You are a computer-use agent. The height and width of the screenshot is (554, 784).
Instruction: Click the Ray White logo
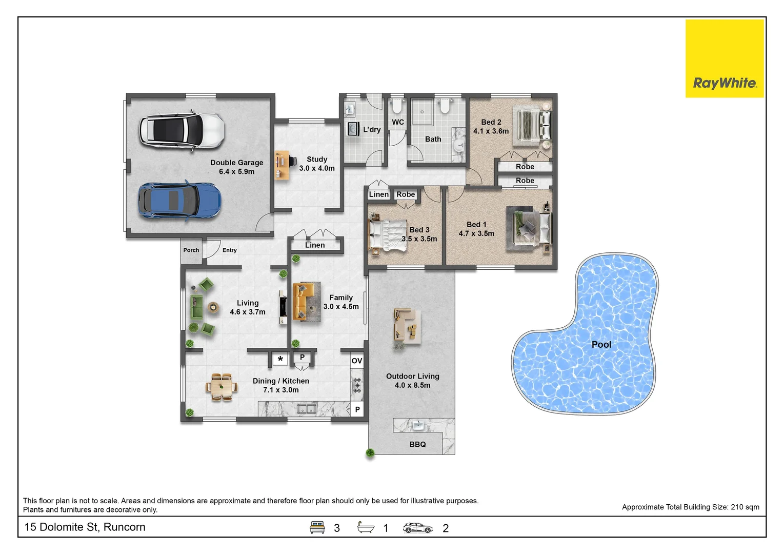coord(725,58)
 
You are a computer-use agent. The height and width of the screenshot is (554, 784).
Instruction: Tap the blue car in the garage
coord(179,201)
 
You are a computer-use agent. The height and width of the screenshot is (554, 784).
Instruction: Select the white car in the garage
coord(182,131)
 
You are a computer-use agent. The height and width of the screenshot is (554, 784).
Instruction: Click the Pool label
coord(601,345)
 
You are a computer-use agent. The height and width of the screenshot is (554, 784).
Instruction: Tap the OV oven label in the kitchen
coord(357,361)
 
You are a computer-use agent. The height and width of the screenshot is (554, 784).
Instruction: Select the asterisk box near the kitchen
coord(280,359)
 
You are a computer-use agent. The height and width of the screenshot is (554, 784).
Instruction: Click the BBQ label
coord(417,444)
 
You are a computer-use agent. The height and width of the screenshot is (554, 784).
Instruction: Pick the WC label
coord(397,122)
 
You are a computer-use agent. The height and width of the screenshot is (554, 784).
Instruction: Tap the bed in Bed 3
coord(388,235)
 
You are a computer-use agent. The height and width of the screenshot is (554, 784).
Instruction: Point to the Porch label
coord(191,250)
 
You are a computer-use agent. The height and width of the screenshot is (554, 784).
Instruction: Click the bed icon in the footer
coord(317,527)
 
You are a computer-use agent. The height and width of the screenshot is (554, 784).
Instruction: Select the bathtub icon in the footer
coord(366,527)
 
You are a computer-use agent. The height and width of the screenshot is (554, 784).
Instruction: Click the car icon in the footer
coord(417,528)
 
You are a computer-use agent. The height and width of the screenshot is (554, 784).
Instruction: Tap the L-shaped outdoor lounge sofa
coord(407,325)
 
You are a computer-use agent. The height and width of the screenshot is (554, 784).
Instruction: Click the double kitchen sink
coord(307,409)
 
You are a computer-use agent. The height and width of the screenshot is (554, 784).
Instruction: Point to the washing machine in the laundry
coord(353,129)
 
